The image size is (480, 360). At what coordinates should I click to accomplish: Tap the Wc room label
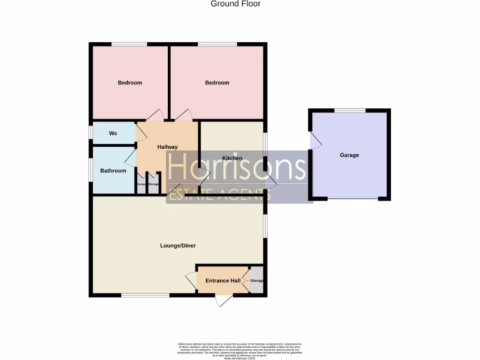(x=113, y=134)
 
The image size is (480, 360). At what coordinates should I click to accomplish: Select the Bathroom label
(x=113, y=171)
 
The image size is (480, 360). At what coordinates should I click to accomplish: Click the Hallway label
(x=167, y=147)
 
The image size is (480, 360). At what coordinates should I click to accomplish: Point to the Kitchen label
(x=232, y=158)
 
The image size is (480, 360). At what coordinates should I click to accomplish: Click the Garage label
(x=349, y=155)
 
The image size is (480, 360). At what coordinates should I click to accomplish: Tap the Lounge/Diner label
(x=178, y=246)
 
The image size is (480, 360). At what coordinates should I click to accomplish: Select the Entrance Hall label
(x=223, y=281)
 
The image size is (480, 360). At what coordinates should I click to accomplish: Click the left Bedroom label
(x=130, y=83)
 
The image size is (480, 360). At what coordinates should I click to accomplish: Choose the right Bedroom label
(x=217, y=83)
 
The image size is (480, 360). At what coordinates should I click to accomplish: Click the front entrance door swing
(x=224, y=300)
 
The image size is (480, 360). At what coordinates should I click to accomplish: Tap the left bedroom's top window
(x=129, y=45)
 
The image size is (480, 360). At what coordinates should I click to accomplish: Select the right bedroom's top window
(x=217, y=45)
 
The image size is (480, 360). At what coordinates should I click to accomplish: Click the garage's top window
(x=350, y=111)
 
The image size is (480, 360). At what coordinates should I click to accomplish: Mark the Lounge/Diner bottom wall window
(x=145, y=295)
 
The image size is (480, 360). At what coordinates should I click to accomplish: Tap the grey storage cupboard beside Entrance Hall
(x=256, y=280)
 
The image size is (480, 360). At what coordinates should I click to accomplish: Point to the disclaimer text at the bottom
(x=240, y=351)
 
